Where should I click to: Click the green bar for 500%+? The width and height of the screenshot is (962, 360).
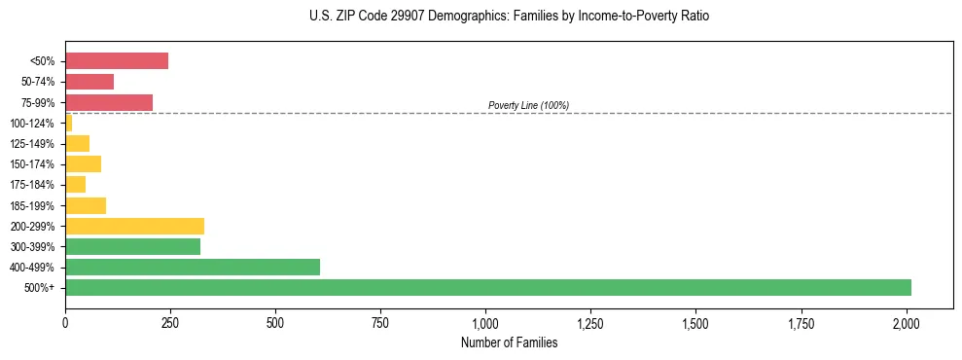click(x=487, y=287)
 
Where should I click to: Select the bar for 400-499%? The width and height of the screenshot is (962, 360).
click(x=192, y=267)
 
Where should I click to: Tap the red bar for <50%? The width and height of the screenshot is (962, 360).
click(x=117, y=61)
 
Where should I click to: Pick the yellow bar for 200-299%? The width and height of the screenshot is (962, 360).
click(x=134, y=226)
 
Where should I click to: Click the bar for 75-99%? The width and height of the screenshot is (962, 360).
click(x=109, y=102)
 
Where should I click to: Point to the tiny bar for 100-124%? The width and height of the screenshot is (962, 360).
click(x=69, y=123)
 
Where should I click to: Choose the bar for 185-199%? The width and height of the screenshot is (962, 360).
click(x=86, y=205)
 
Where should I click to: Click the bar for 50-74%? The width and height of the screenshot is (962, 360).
click(x=89, y=82)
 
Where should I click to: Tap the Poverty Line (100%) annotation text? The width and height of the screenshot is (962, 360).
click(x=528, y=105)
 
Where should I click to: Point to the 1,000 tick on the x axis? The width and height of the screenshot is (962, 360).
click(x=485, y=320)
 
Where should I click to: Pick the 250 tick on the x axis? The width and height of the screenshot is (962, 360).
click(x=170, y=320)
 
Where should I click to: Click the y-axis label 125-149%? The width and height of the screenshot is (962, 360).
click(x=32, y=144)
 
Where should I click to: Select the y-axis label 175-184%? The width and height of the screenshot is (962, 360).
click(x=32, y=185)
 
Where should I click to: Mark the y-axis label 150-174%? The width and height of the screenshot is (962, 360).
click(x=32, y=164)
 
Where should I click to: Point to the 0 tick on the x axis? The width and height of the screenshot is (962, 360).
click(x=65, y=320)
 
